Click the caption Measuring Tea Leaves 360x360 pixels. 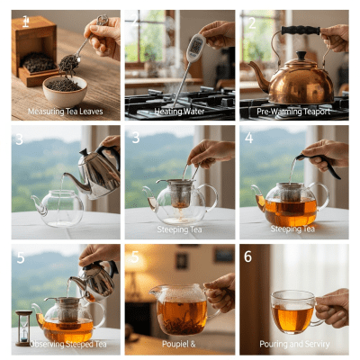[x=65, y=112]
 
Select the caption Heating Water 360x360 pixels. [x=180, y=112]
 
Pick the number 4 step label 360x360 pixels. [x=248, y=139]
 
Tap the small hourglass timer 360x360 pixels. [x=23, y=326]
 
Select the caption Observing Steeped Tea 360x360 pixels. [x=65, y=343]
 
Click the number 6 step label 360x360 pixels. [x=248, y=257]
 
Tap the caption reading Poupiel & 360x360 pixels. [x=180, y=343]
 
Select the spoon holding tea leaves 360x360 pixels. [x=69, y=61]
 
